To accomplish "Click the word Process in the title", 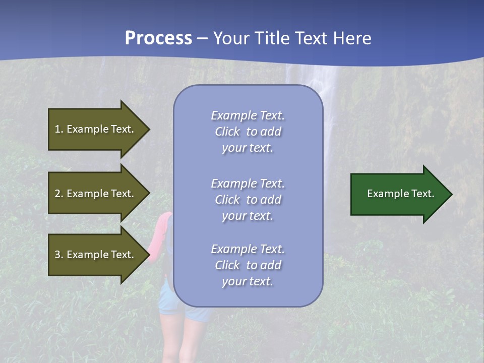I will (x=158, y=38).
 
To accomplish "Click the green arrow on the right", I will (x=398, y=194).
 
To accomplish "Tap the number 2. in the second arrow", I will (x=58, y=194).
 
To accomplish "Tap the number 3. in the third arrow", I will (x=58, y=255).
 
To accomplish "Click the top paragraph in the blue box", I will (x=248, y=132).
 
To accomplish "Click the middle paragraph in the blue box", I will (x=248, y=200).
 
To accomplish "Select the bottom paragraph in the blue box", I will (x=248, y=265).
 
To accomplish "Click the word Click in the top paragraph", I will (x=227, y=132).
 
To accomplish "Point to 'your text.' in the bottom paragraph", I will (x=248, y=281).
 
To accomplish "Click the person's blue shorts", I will (x=166, y=302).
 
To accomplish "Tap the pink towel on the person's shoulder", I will (x=160, y=237).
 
